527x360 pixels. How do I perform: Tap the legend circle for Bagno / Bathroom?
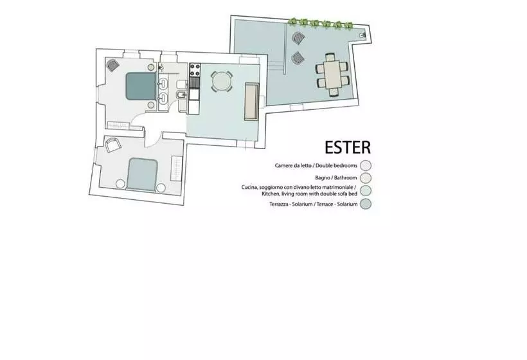[x=366, y=177]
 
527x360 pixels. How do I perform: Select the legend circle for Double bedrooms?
[x=366, y=165]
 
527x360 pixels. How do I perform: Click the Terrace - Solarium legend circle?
[x=366, y=204]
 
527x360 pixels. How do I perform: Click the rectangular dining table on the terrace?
[x=332, y=74]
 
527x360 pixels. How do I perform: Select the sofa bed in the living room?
[x=251, y=101]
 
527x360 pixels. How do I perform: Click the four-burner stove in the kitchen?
[x=195, y=70]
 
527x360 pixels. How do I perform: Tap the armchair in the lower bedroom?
[x=113, y=145]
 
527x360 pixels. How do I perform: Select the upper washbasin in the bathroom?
[x=164, y=84]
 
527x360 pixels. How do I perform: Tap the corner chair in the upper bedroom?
[x=112, y=65]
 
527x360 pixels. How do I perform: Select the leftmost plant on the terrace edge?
[x=292, y=22]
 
